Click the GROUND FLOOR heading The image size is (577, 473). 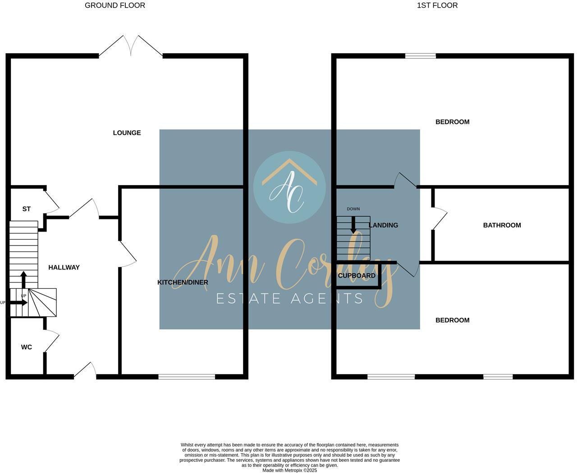coord(115,5)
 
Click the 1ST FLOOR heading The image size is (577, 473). coord(437,5)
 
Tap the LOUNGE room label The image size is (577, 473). coord(127,133)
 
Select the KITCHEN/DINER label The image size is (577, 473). coord(183,283)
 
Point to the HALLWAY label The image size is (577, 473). coord(64,267)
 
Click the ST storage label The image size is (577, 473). coord(27,209)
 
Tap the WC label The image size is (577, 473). coord(27,347)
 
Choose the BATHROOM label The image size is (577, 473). coord(502,225)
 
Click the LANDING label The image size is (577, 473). coord(384,225)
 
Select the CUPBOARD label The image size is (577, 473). coord(357,276)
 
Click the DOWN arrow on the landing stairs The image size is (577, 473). coord(353,225)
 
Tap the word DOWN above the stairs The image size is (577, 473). coord(353,209)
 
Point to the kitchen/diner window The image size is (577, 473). coord(187,376)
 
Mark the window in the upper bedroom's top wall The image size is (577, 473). coord(420,56)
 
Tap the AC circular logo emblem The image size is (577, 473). coord(289,187)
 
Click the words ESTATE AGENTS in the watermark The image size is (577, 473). coord(289,298)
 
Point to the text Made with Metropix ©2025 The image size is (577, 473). coord(289,470)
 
